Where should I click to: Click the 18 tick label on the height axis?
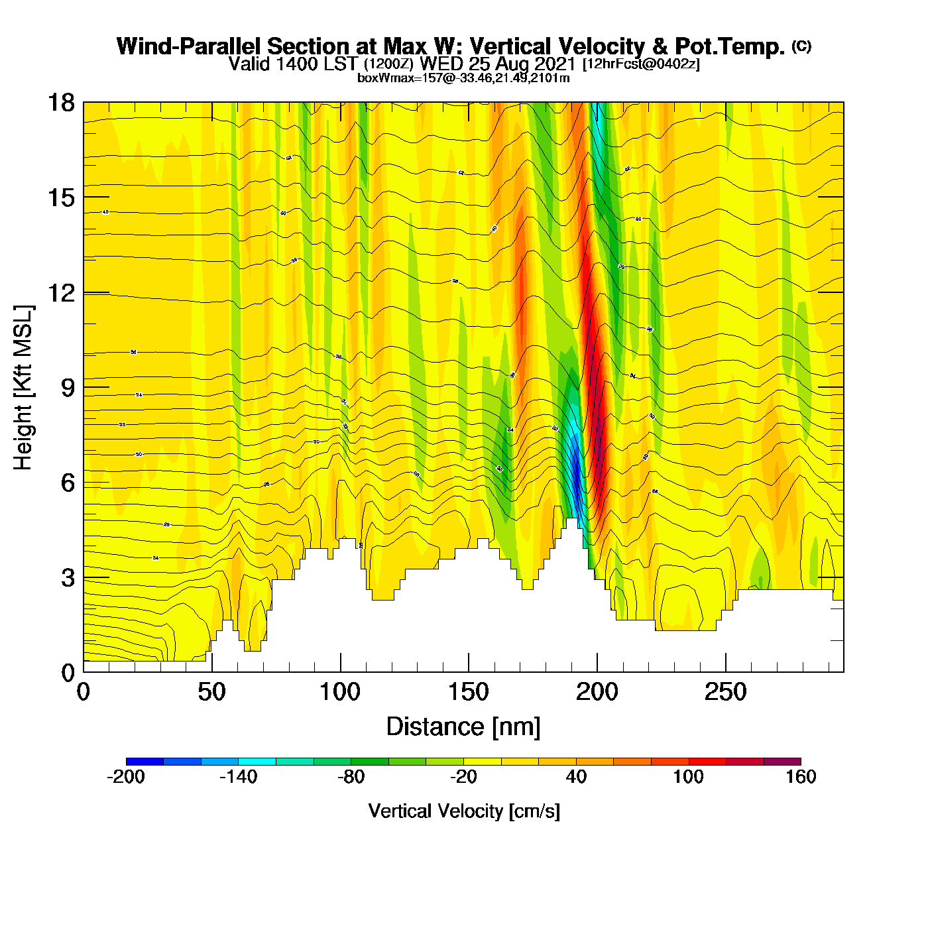tap(60, 103)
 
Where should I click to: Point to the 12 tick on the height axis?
tap(60, 292)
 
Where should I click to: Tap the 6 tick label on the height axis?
tap(68, 483)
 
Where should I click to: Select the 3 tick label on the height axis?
tap(68, 578)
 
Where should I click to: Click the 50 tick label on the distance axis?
tap(211, 693)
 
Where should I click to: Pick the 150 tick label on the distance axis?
tap(469, 693)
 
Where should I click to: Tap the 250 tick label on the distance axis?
tap(725, 693)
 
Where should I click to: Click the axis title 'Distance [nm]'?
tap(463, 727)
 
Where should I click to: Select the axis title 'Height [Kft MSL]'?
tap(23, 388)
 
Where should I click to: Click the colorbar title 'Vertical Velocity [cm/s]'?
tap(464, 811)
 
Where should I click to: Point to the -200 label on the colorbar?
tap(126, 777)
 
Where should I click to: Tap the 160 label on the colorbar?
tap(801, 777)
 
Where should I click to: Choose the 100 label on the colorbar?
tap(688, 777)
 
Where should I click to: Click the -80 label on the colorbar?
tap(351, 777)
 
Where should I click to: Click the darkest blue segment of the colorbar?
tap(145, 762)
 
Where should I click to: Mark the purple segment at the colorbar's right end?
tap(782, 762)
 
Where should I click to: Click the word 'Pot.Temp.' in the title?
tap(730, 46)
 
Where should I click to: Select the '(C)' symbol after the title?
tap(801, 46)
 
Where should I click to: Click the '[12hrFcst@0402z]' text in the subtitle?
tap(640, 64)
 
